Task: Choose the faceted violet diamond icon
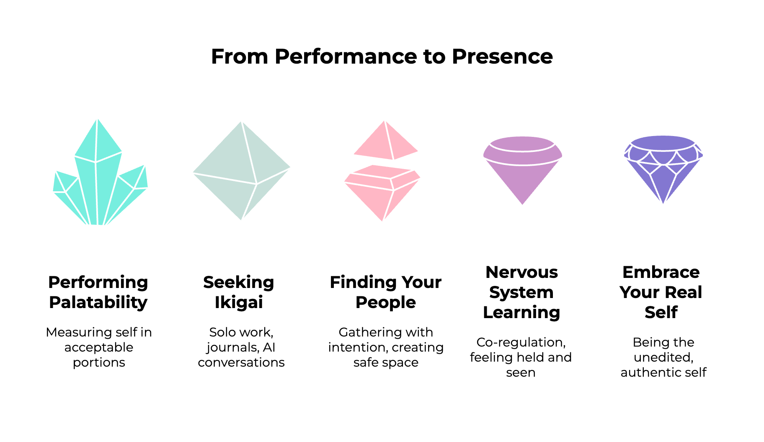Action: [663, 167]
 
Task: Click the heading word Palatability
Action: [98, 302]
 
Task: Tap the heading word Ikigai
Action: [239, 302]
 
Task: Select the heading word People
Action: [385, 302]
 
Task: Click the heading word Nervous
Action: [521, 272]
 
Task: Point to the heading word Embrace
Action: [661, 272]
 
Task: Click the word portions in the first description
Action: [99, 362]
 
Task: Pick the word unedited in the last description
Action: [663, 357]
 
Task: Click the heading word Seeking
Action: [239, 282]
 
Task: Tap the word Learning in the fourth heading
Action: [521, 312]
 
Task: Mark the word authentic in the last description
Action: [650, 373]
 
